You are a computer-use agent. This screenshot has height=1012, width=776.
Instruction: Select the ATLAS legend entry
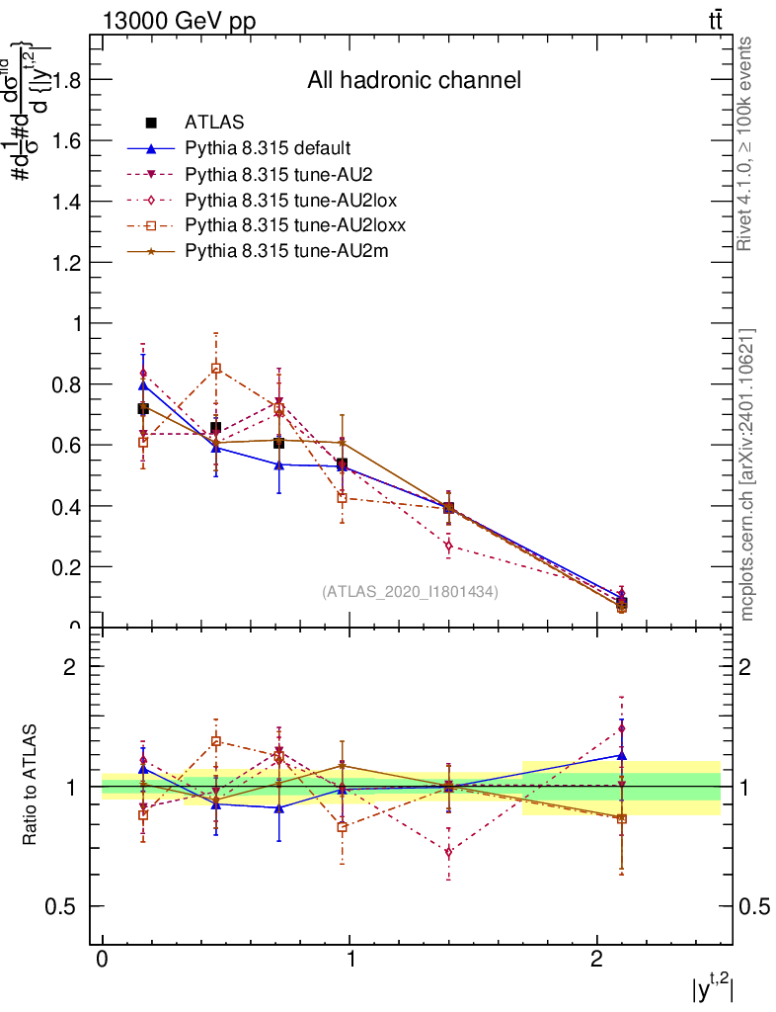[x=214, y=123]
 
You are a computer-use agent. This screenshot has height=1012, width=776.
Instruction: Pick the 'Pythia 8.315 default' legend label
[x=268, y=148]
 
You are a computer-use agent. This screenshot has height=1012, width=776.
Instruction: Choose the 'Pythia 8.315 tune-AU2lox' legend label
[x=283, y=200]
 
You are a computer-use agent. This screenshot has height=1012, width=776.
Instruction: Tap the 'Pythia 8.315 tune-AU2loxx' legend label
[x=287, y=225]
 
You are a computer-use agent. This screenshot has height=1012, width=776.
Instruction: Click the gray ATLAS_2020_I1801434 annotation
[x=410, y=592]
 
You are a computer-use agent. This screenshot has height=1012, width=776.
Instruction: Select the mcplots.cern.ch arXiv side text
[x=748, y=474]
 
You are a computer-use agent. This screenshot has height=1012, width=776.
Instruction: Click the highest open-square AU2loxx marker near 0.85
[x=216, y=369]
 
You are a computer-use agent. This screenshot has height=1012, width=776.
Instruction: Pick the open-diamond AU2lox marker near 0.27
[x=448, y=546]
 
